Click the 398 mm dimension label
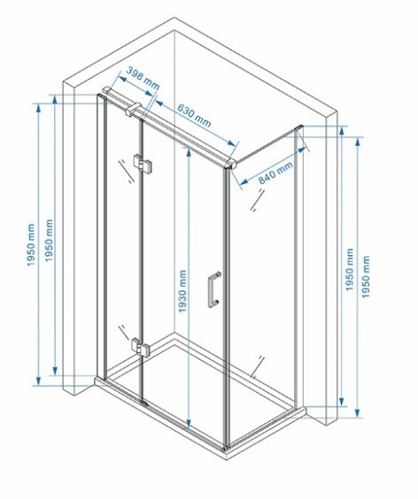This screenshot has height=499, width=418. tap(143, 79)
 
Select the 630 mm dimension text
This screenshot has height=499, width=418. tap(194, 115)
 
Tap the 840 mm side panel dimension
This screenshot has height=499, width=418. tap(275, 173)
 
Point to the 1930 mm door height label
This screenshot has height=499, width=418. tap(182, 291)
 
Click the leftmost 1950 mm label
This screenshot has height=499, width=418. tap(31, 245)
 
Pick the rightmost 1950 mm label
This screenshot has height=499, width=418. tap(366, 277)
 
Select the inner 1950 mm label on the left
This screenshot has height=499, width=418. tap(49, 241)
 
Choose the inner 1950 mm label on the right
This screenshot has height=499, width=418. tap(350, 270)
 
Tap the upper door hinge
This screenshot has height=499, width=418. tap(142, 164)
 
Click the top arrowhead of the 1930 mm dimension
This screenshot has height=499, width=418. tap(189, 151)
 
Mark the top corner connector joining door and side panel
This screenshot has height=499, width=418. tap(230, 164)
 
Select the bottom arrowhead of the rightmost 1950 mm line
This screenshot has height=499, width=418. tap(358, 413)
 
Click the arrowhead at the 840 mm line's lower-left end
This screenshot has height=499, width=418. tap(244, 181)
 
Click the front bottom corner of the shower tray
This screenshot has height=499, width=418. tap(226, 449)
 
